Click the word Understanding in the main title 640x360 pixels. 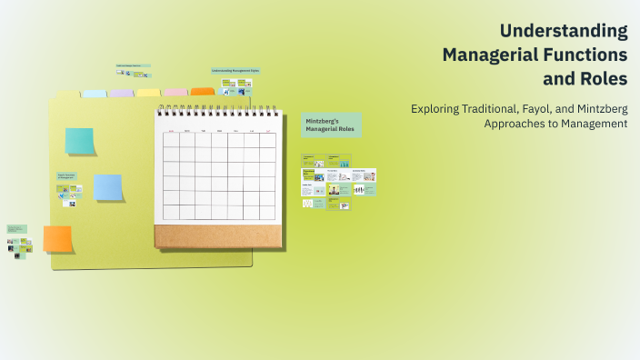564,30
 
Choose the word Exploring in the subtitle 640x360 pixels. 437,108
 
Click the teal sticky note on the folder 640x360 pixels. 80,141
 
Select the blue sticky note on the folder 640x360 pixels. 108,187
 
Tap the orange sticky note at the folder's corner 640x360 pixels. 58,239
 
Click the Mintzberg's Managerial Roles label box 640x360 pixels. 331,125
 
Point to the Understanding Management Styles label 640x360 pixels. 235,70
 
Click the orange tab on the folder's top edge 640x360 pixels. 203,92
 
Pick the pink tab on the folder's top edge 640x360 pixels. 175,93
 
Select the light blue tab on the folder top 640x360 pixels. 95,94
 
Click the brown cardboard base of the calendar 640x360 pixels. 217,236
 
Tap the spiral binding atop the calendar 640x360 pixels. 217,112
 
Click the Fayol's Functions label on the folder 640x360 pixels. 67,175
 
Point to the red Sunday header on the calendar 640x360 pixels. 171,131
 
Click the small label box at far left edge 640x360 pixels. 16,228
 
